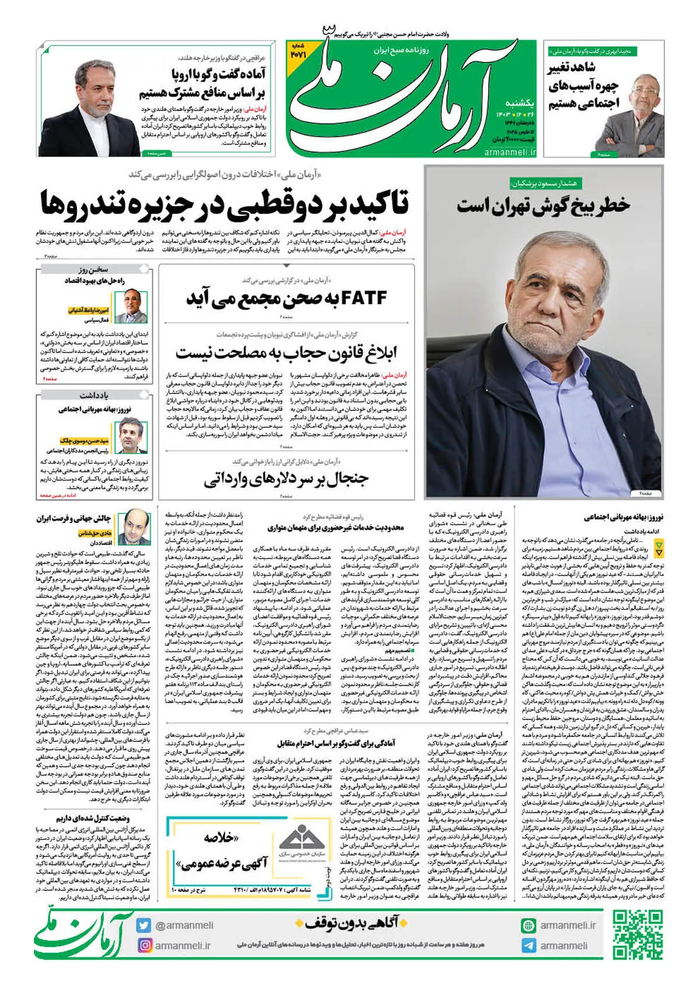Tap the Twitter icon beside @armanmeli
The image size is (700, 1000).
[x=143, y=925]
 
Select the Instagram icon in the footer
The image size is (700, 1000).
[x=143, y=945]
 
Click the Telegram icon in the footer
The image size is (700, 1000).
[x=528, y=946]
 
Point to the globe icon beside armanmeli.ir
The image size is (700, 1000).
[x=528, y=925]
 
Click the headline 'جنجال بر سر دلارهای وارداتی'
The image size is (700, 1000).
[x=286, y=480]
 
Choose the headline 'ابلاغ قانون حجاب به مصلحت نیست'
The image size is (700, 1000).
[x=286, y=352]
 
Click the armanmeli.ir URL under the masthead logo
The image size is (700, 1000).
[x=510, y=151]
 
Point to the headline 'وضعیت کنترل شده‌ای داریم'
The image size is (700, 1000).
[x=93, y=819]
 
